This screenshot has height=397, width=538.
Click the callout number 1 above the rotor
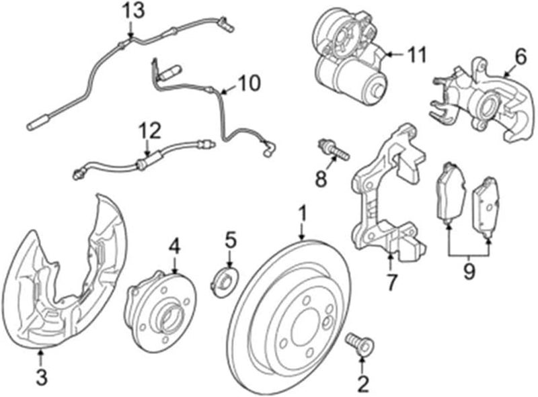point(303,214)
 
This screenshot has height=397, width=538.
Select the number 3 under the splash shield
point(42,378)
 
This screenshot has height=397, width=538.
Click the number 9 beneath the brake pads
point(469,272)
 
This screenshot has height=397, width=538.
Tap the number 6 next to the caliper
point(520,58)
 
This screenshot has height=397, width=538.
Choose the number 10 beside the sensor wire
point(248,83)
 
